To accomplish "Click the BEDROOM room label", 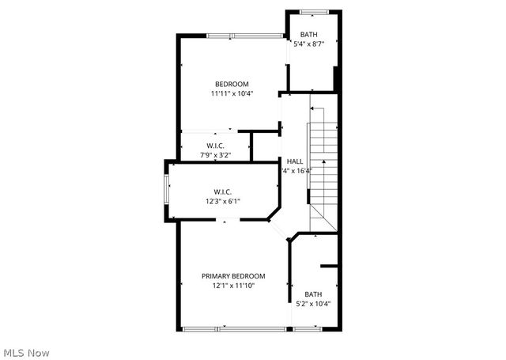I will (x=232, y=84).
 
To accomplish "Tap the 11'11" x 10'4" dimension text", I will (x=232, y=94).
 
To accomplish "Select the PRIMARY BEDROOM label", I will (x=233, y=276).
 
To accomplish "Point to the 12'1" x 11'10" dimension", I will (x=233, y=286).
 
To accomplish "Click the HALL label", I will (x=295, y=161).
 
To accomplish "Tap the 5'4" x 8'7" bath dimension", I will (x=308, y=44).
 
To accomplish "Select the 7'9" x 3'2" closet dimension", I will (x=215, y=155).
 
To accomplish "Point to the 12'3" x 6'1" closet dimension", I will (x=221, y=201).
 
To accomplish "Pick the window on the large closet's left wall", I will (x=166, y=190).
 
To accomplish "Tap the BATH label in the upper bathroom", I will (x=308, y=35).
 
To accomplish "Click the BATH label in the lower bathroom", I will (x=313, y=294).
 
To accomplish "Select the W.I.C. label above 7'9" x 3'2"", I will (x=215, y=146).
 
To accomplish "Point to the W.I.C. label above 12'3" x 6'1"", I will (x=221, y=191).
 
